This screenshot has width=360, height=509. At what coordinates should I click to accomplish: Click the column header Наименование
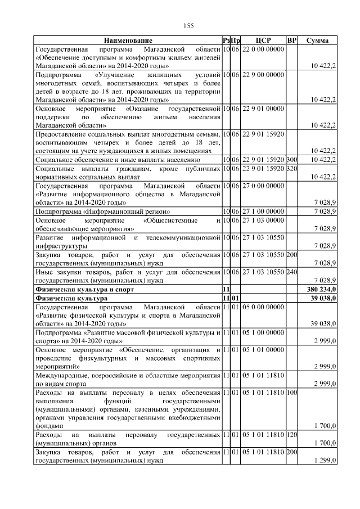click(128, 40)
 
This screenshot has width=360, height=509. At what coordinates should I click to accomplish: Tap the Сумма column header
click(317, 40)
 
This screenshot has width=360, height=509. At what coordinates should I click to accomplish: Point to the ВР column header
click(291, 40)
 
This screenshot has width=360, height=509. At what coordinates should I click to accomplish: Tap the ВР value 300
click(291, 160)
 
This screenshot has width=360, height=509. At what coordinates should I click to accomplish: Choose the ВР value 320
click(291, 169)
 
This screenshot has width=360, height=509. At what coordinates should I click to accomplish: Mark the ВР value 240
click(291, 272)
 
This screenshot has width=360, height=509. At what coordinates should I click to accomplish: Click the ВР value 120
click(291, 435)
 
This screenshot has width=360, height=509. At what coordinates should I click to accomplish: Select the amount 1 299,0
click(325, 461)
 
